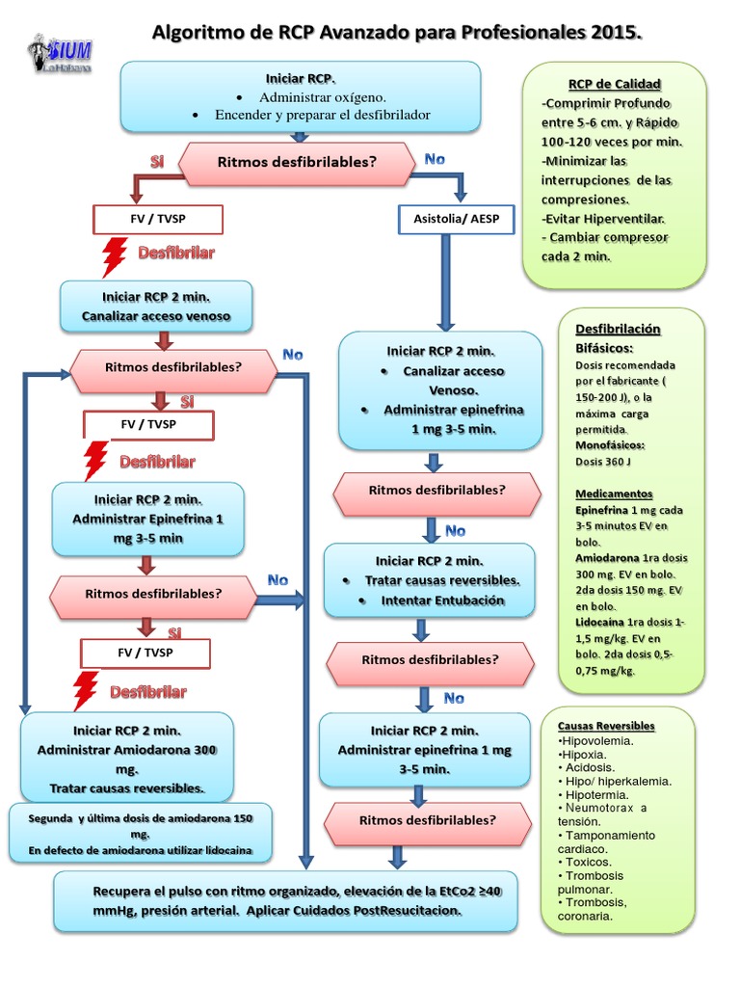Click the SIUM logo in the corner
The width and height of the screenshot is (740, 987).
pyautogui.click(x=61, y=54)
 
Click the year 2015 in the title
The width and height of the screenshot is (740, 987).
pyautogui.click(x=613, y=34)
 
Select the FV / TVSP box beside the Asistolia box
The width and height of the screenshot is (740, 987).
pyautogui.click(x=158, y=220)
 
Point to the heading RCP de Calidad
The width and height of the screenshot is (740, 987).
pyautogui.click(x=615, y=84)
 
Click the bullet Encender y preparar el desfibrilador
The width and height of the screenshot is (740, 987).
pyautogui.click(x=322, y=115)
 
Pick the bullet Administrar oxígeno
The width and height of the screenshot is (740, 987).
pyautogui.click(x=322, y=97)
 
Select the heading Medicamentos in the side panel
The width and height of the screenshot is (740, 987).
pyautogui.click(x=614, y=493)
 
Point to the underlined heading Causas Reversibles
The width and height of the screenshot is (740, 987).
pyautogui.click(x=606, y=726)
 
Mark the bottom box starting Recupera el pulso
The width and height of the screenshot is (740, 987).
pyautogui.click(x=284, y=899)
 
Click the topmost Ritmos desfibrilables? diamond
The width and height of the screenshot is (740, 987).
pyautogui.click(x=296, y=163)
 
